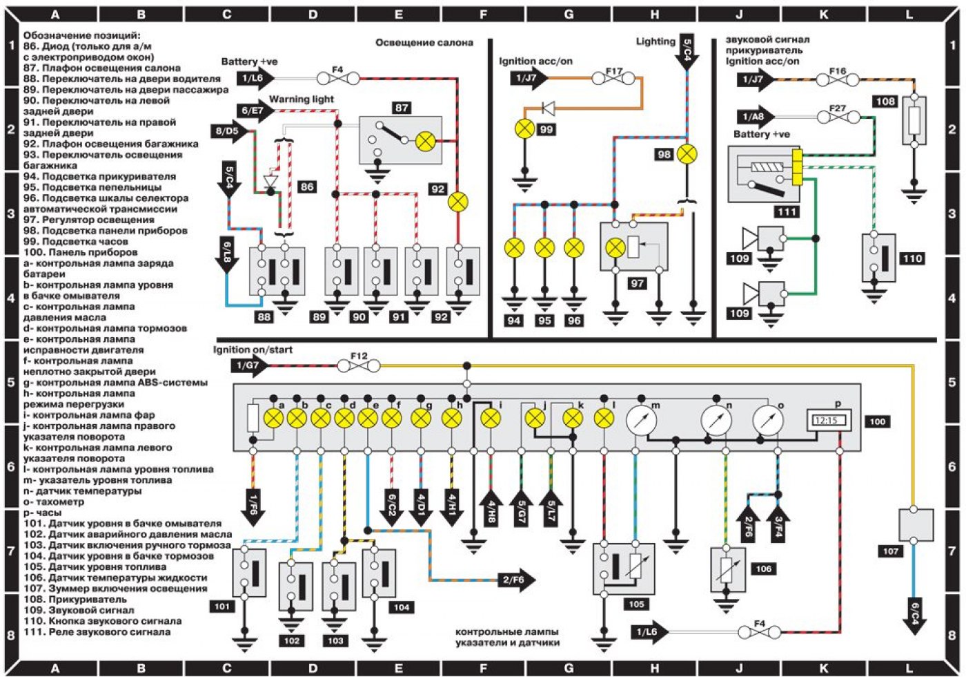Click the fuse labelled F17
tap(614, 79)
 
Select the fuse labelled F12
tap(359, 365)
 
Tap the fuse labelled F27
tap(837, 117)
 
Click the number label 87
tap(402, 108)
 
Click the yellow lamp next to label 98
tap(687, 154)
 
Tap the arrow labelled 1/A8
tap(756, 117)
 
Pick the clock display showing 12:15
tap(829, 420)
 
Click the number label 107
tap(891, 551)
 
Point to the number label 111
tap(786, 212)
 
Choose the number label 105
tap(635, 604)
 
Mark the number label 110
tap(912, 258)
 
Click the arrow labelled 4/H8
tap(491, 509)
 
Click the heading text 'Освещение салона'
tap(424, 43)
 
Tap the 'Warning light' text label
tap(302, 99)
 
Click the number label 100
tap(878, 421)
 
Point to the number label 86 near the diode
tap(307, 187)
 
